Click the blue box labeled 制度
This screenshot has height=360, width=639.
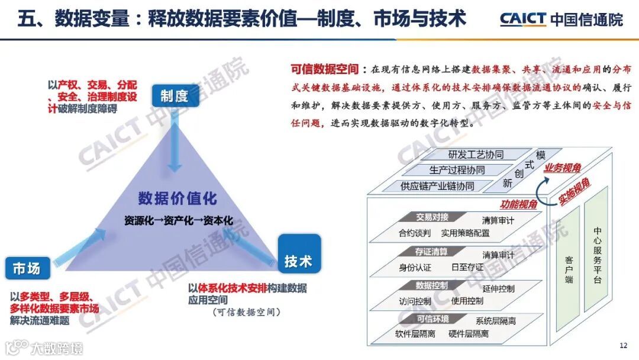175,95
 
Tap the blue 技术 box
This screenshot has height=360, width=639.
299,261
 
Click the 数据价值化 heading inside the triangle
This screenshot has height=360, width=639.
177,198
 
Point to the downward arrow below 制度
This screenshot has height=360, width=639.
175,142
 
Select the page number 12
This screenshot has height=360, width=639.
623,346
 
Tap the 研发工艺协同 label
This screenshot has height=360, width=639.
476,155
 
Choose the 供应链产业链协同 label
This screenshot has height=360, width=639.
437,186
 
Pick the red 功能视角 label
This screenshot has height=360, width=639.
518,205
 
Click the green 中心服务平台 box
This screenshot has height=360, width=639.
597,255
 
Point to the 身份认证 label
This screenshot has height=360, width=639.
415,268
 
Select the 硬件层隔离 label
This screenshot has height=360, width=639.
469,335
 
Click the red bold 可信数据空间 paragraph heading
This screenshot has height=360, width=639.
325,69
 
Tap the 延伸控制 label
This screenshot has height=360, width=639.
498,289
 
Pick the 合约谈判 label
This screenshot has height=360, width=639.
415,233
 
